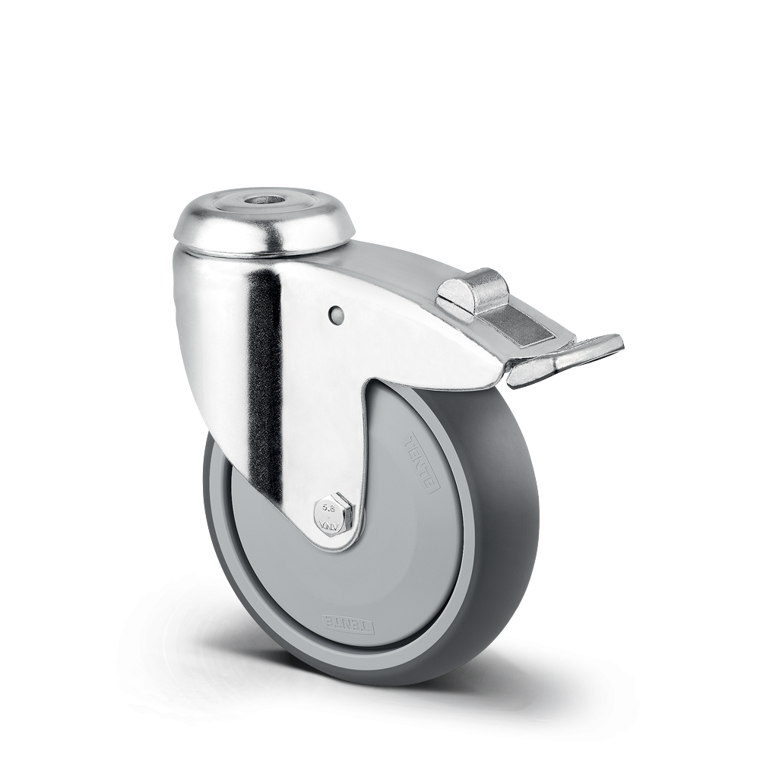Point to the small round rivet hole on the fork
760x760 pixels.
337,313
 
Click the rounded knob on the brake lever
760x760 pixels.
475,289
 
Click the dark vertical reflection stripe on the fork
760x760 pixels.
264,380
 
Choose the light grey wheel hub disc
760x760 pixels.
395,555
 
